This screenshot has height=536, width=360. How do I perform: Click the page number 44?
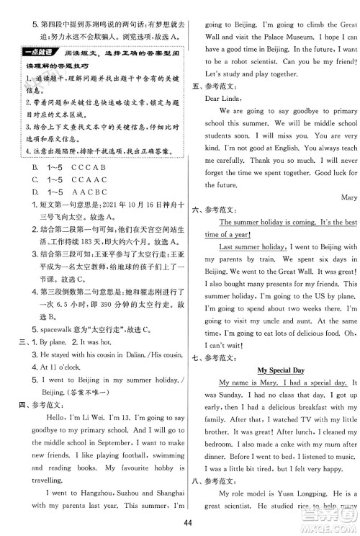(180, 522)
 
